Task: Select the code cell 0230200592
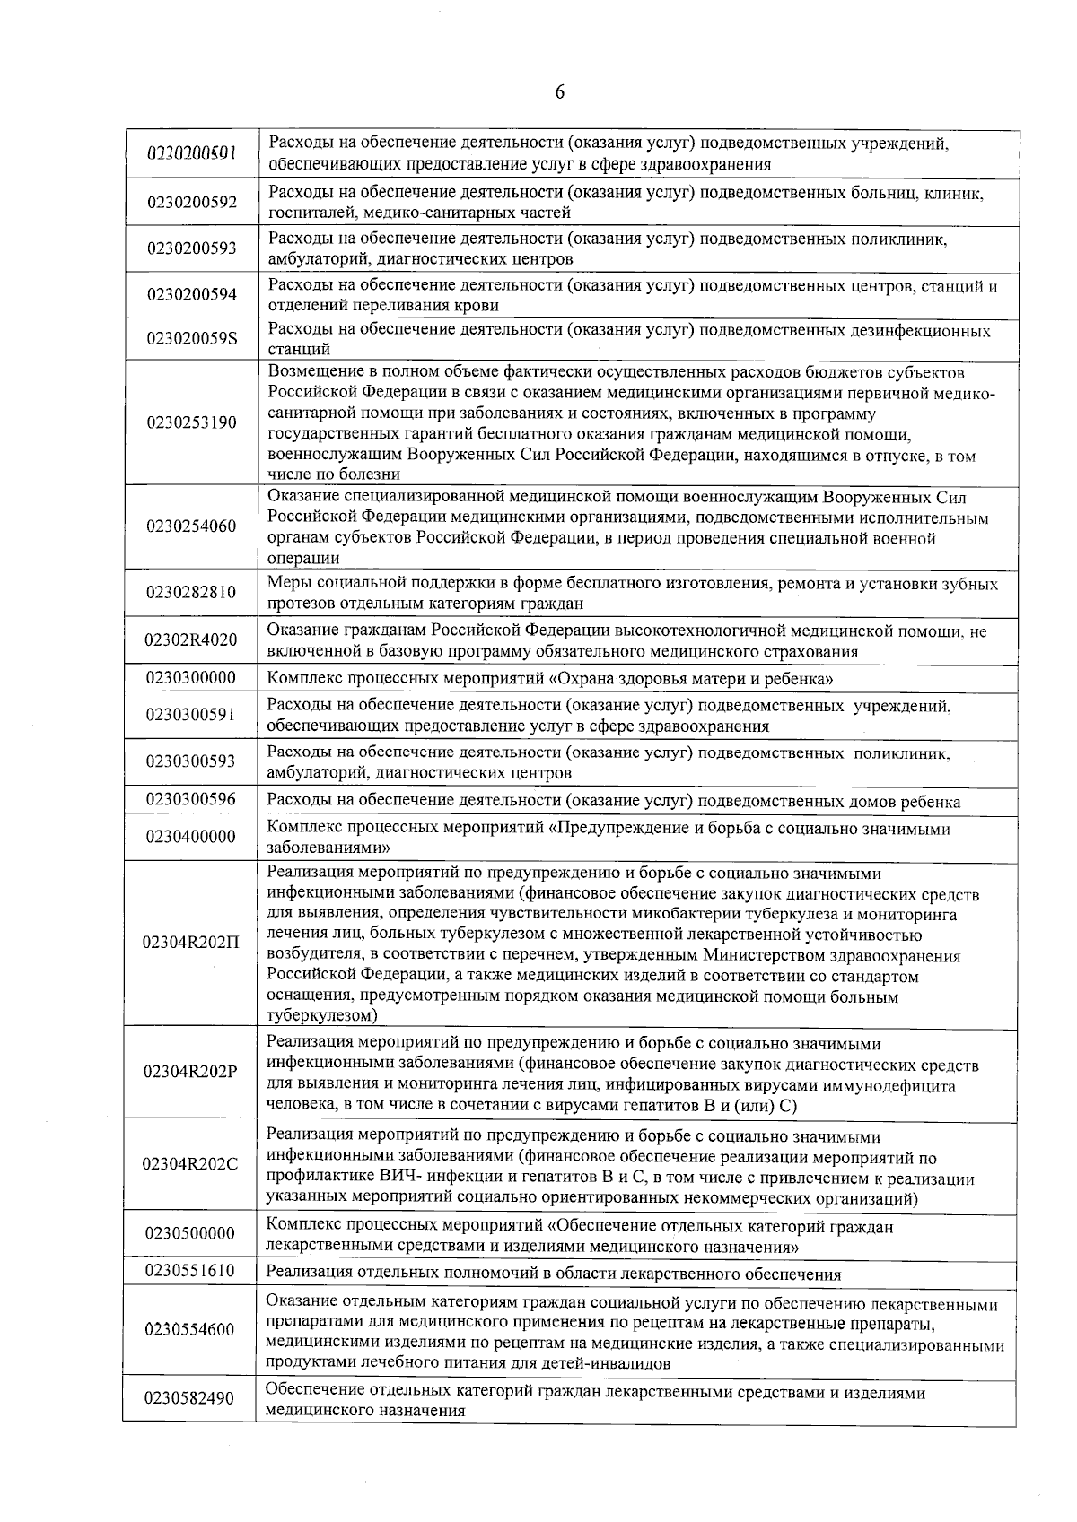tap(192, 203)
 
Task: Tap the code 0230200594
tap(192, 295)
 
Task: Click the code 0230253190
tap(192, 422)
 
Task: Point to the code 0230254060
tap(192, 526)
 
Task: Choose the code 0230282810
tap(192, 593)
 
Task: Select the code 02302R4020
tap(192, 640)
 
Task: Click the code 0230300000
tap(192, 678)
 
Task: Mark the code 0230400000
tap(192, 838)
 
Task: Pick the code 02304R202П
tap(192, 944)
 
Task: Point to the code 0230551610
tap(192, 1271)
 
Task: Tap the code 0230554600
tap(192, 1330)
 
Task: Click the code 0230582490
tap(192, 1399)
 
